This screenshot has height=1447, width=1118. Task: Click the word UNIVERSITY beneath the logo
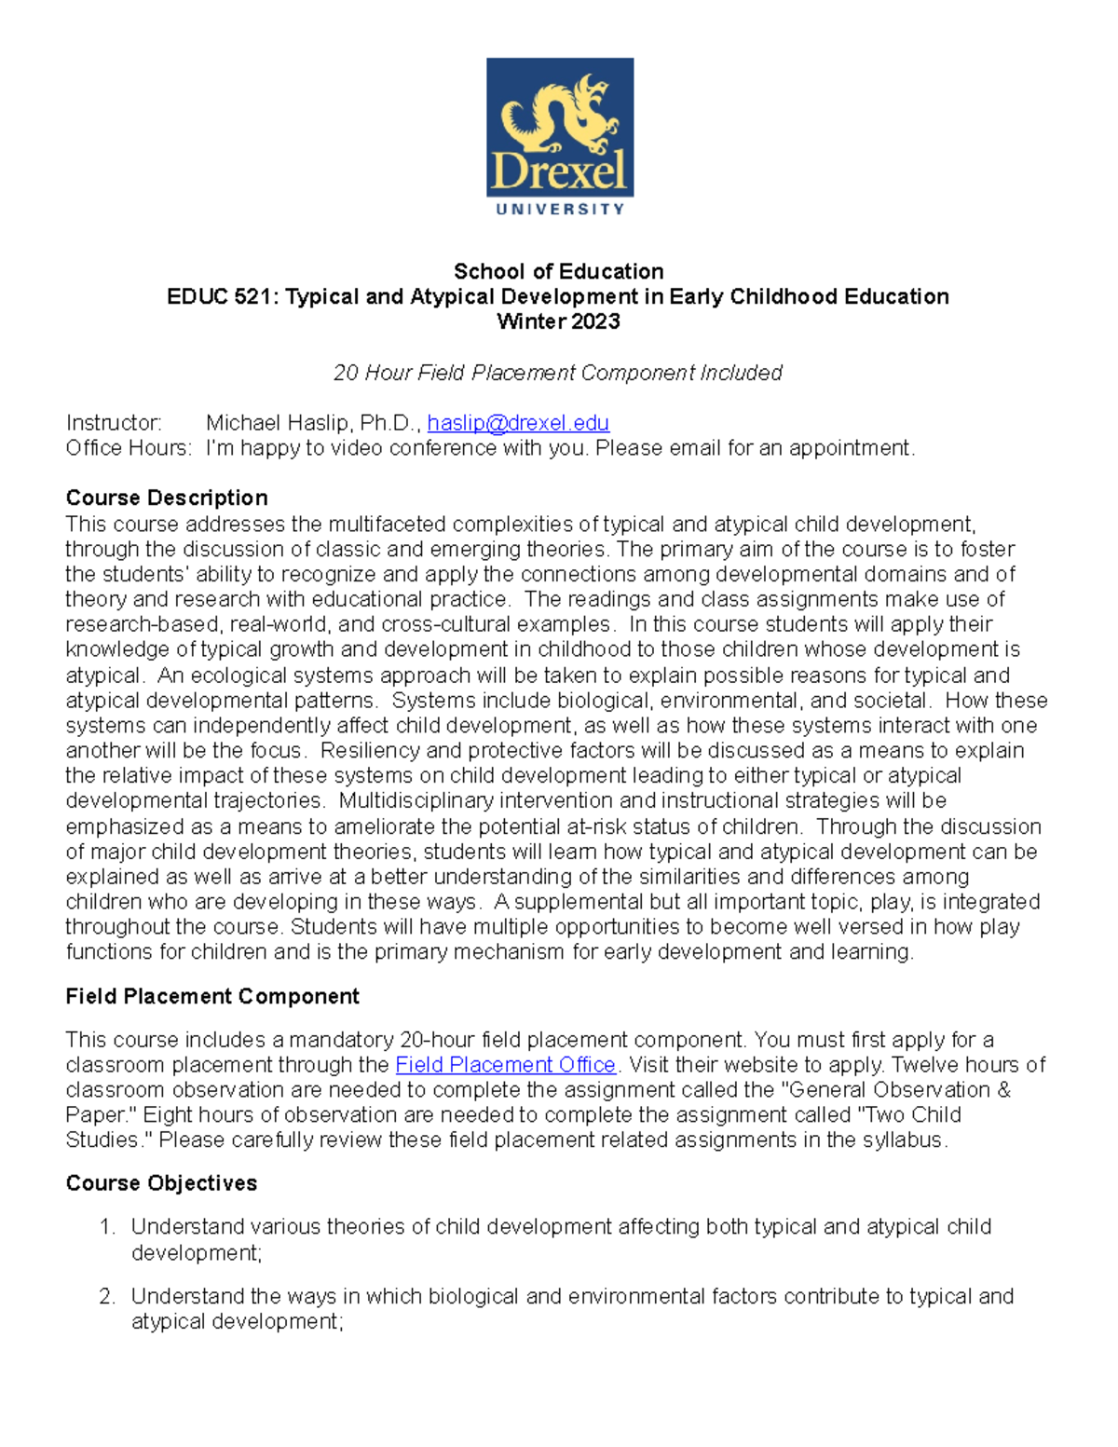coord(560,210)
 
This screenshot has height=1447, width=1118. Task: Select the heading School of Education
coord(558,271)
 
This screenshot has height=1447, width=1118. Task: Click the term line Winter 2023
coord(558,321)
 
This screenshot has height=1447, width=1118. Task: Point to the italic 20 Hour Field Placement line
coord(557,373)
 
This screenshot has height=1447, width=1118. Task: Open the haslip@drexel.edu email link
coord(517,423)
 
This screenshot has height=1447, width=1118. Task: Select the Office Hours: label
coord(129,448)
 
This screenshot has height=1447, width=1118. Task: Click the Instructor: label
coord(113,423)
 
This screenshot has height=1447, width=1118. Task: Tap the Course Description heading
coord(167,498)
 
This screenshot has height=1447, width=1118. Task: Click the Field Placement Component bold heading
coord(212,996)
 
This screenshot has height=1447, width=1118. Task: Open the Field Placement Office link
coord(505,1065)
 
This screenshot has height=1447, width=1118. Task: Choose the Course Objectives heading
coord(161,1183)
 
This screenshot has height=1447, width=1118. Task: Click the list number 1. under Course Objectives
coord(107,1227)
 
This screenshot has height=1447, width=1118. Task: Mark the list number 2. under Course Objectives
coord(107,1296)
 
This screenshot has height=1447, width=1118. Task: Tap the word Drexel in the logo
coord(559,173)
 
